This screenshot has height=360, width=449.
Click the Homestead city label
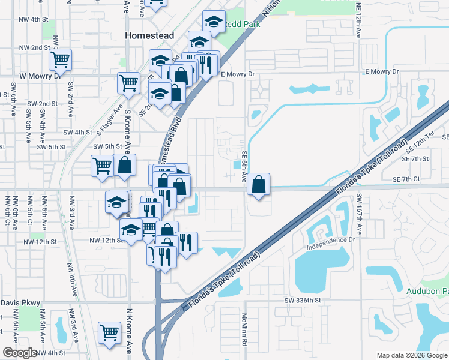point(149,35)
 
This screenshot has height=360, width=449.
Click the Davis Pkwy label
point(17,302)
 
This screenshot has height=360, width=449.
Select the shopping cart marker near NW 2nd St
point(60,59)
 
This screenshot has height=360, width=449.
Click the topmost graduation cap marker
point(213,22)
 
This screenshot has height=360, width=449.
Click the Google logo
point(19,353)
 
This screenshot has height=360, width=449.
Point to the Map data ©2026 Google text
point(411,355)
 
